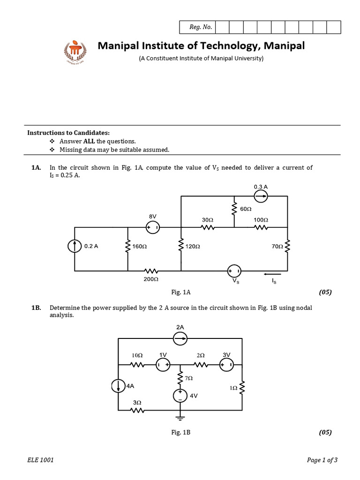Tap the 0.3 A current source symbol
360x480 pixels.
(x=261, y=196)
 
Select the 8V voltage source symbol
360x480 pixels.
(x=153, y=228)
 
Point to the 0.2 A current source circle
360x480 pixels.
(x=75, y=246)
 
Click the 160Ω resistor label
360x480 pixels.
(x=141, y=246)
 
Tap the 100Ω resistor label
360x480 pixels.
(x=261, y=219)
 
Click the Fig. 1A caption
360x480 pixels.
(x=181, y=292)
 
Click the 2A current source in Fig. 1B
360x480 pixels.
(x=180, y=338)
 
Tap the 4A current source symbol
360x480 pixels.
(x=118, y=386)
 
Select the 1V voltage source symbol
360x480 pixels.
(x=163, y=365)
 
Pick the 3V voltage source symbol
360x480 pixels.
(x=226, y=365)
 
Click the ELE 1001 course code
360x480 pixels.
(x=40, y=460)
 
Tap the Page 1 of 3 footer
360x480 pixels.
(x=322, y=460)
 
